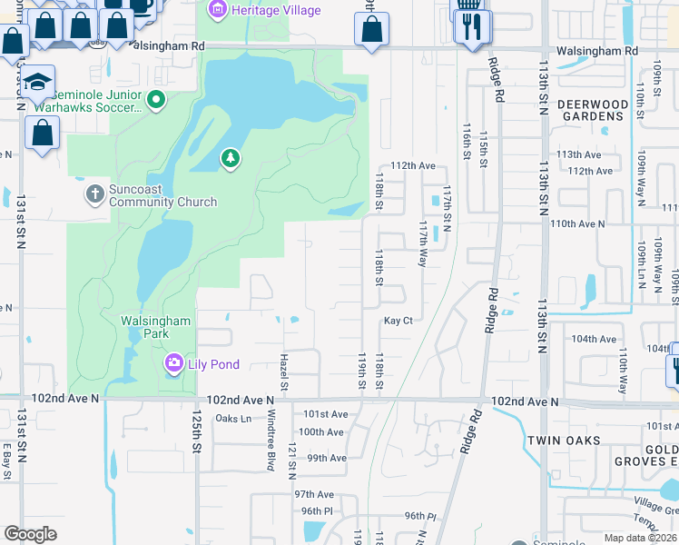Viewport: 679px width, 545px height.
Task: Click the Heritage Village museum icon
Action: coord(218,11)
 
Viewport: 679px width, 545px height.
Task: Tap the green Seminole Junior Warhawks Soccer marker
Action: coord(156,99)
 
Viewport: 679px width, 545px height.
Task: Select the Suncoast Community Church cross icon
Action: coord(95,193)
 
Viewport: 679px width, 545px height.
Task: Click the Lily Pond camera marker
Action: coord(172,364)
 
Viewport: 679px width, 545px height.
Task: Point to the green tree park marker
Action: coord(231,160)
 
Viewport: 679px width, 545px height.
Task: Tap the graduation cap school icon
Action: coord(37,84)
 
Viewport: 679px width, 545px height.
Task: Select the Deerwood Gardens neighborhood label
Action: coord(592,111)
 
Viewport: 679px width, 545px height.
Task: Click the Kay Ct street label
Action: coord(398,321)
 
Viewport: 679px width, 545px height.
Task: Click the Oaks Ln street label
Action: coord(233,419)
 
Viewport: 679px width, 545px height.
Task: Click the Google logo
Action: coord(30,534)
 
